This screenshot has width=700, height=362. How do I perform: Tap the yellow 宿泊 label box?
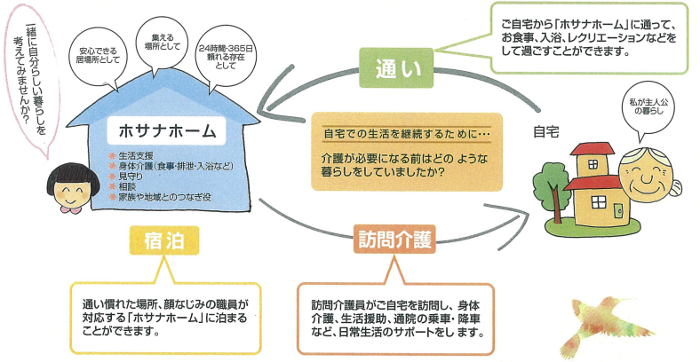pos(164,240)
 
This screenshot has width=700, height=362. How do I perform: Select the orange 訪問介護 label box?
pos(394,240)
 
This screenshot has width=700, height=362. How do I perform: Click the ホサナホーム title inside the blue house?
pos(167,130)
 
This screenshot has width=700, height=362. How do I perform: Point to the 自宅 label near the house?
pos(546,132)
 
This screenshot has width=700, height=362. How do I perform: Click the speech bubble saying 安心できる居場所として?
pos(99,59)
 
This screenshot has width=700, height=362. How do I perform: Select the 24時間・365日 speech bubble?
pos(226,59)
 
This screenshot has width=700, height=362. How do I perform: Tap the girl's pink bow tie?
pos(70,209)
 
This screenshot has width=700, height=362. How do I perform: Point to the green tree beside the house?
pos(553,190)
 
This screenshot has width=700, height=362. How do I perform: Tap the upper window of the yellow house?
pos(593,164)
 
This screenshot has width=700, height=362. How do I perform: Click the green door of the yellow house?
pos(618,211)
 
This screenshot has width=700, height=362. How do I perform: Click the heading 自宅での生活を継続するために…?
pos(407,134)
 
